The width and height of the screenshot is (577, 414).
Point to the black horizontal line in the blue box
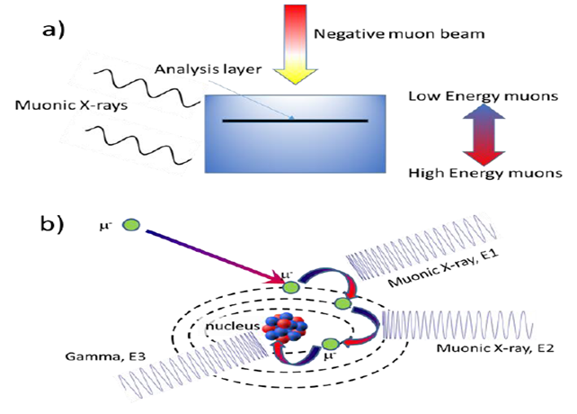[296, 121]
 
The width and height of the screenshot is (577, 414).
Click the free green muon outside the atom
[130, 224]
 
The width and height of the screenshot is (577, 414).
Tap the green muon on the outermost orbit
[290, 286]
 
